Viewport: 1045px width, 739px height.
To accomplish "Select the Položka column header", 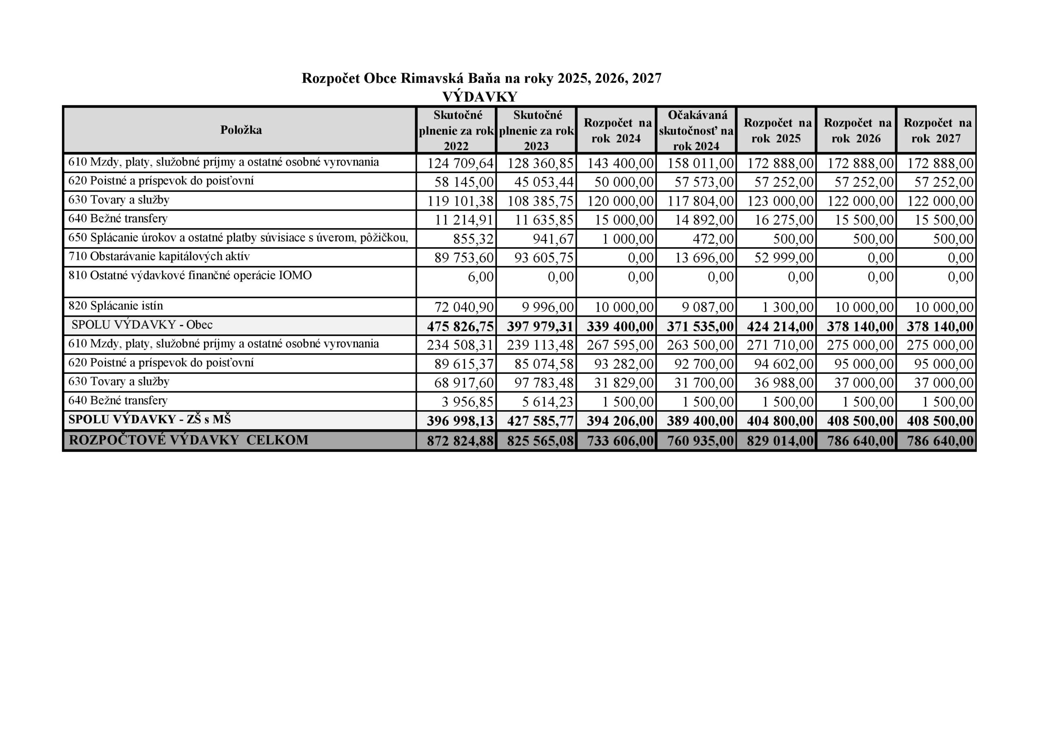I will (241, 130).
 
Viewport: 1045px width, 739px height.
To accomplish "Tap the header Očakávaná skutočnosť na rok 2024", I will (696, 130).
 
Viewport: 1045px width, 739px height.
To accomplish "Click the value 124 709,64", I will (460, 163).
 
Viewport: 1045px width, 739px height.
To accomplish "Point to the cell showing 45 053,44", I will (540, 182).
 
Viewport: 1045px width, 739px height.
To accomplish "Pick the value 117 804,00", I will (700, 201).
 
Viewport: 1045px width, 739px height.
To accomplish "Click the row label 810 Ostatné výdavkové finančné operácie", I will (190, 276).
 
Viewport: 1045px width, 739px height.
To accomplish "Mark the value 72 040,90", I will (464, 307).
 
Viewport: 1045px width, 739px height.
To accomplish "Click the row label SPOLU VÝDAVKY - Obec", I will (142, 325).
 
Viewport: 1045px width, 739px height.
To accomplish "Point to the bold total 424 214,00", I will (780, 327).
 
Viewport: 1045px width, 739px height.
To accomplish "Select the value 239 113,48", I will (540, 345).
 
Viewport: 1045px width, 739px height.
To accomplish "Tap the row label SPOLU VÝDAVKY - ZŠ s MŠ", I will (149, 419).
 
